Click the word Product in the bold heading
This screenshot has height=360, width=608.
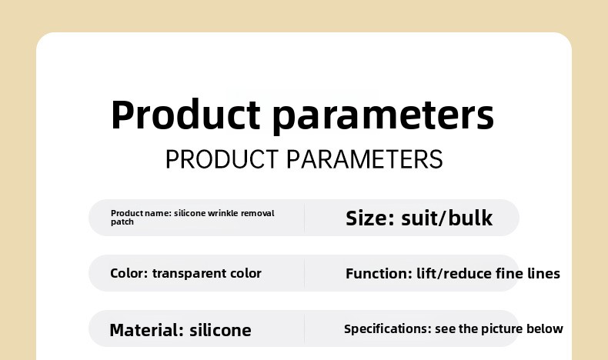pos(185,115)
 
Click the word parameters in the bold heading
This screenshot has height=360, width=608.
pos(383,116)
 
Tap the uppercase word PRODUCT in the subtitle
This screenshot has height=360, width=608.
pos(222,159)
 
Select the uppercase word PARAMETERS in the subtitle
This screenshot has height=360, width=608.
pos(365,159)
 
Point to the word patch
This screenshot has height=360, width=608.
pos(122,222)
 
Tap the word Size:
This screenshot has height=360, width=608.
pos(370,218)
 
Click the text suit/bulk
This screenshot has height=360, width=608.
pos(446,218)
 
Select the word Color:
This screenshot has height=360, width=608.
pos(129,273)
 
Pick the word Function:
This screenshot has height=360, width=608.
pos(379,274)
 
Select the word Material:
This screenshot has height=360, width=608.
pos(147,331)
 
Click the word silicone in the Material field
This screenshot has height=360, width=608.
pos(220,331)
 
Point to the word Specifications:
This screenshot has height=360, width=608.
pos(388,329)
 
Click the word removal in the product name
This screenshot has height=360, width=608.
pos(258,213)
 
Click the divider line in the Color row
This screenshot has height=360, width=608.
pos(305,273)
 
